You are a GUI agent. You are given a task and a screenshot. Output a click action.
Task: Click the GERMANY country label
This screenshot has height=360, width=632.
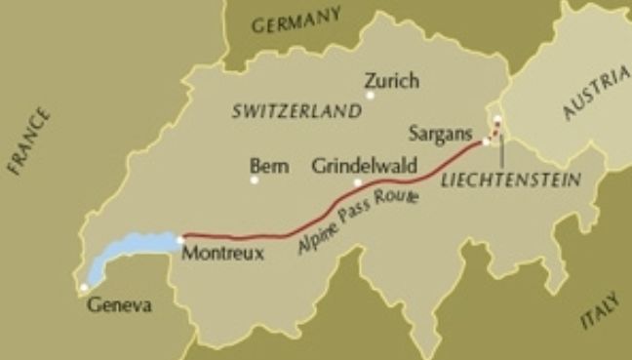[x=296, y=21]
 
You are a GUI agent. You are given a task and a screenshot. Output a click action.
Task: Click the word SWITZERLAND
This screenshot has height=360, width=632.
[x=296, y=112]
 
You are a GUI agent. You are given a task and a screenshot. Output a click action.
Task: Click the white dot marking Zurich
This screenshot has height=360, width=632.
[x=370, y=96]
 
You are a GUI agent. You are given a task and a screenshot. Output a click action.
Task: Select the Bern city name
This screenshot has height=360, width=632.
[x=269, y=167]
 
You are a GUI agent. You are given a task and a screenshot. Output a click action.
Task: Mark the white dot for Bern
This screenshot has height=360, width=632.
[x=255, y=180]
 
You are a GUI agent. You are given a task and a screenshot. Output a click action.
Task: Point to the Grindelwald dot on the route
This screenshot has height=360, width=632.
[x=358, y=182]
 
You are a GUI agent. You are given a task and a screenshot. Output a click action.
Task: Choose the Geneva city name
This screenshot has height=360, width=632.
[x=120, y=305]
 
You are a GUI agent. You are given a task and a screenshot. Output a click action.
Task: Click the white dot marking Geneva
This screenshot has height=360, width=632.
[x=85, y=288]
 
